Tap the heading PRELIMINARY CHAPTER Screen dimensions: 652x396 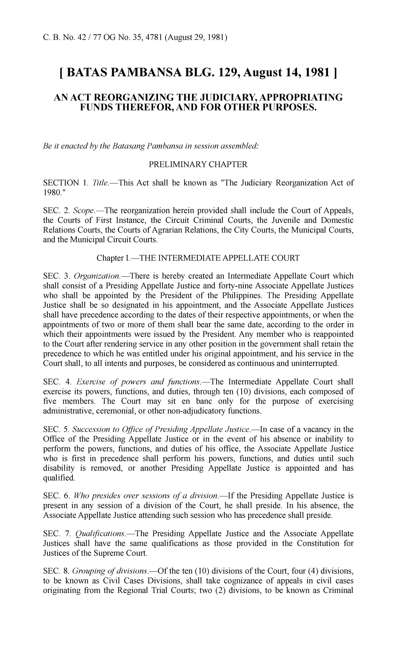(x=198, y=164)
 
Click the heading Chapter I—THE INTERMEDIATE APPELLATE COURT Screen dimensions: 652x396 (x=198, y=258)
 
